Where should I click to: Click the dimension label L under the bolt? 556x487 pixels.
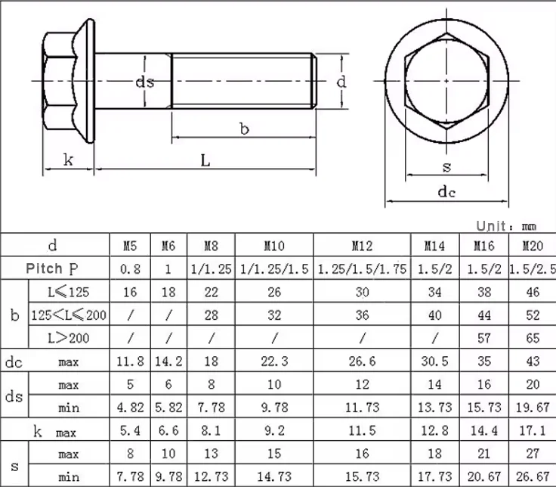click(205, 160)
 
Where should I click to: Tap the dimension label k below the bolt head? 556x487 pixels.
click(68, 160)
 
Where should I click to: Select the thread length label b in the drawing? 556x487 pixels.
click(244, 129)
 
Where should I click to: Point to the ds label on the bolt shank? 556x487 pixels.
click(145, 82)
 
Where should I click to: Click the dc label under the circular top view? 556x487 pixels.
click(447, 192)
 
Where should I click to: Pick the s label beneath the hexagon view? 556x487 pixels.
click(446, 166)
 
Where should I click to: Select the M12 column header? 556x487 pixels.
click(362, 246)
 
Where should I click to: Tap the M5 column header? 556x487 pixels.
click(130, 246)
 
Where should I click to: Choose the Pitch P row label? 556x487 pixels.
click(52, 268)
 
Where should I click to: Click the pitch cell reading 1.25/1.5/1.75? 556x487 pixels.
click(362, 268)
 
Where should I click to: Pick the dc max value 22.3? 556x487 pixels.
click(273, 361)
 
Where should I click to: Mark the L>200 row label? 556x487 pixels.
click(69, 337)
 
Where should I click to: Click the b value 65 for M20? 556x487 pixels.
click(533, 337)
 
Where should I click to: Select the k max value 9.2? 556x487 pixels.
click(273, 431)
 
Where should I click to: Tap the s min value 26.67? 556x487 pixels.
click(533, 477)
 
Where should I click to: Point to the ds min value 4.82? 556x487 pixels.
click(130, 408)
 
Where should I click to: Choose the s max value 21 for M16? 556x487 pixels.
click(483, 454)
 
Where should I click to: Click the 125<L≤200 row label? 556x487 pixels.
click(69, 314)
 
